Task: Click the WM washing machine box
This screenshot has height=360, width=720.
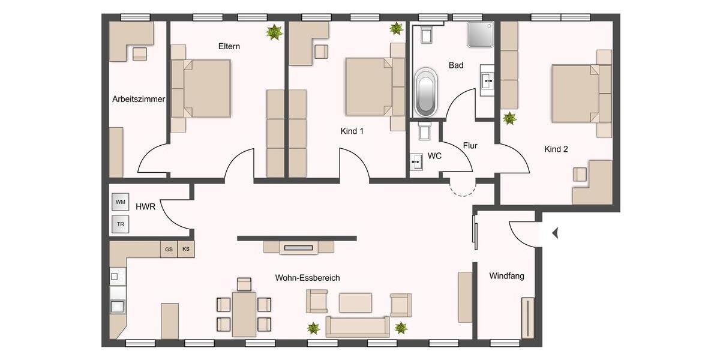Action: pos(120,202)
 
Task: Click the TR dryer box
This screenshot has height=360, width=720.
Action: pos(120,224)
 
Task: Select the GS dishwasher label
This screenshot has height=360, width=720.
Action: pos(169,249)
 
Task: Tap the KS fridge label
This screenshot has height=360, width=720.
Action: pos(186,249)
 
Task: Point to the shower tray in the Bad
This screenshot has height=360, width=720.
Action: pos(481,35)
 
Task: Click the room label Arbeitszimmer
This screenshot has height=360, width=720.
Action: pos(139,99)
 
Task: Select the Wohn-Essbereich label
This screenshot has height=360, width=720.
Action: pos(307,278)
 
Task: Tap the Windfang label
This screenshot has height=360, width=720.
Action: pos(506,277)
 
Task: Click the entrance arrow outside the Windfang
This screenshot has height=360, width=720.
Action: pos(555,233)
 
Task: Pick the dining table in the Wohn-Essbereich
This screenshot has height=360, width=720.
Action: pos(244,314)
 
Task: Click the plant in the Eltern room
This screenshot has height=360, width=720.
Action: pos(274,32)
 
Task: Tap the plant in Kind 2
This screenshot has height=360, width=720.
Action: pos(509,118)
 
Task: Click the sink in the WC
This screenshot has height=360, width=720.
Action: pos(417,161)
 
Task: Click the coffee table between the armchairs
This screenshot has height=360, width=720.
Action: pos(355,302)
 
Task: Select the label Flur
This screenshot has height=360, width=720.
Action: pos(470,145)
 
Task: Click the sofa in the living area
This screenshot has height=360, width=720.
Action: pos(357,327)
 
